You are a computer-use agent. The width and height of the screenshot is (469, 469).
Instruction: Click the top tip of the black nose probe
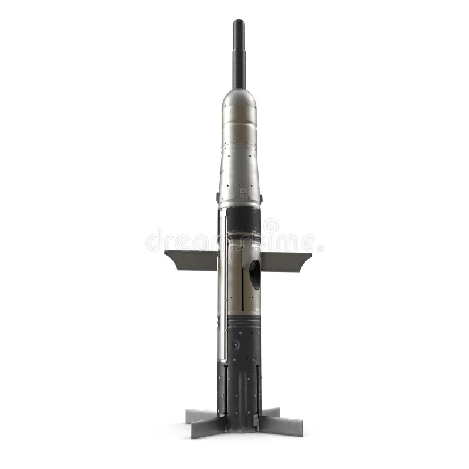point(239,22)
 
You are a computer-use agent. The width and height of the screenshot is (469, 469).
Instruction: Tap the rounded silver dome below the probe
point(239,98)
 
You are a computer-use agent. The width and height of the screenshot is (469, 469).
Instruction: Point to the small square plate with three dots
point(243,193)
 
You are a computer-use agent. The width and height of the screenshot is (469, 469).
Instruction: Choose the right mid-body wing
point(286,260)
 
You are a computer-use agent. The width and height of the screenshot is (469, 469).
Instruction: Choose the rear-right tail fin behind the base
point(270,413)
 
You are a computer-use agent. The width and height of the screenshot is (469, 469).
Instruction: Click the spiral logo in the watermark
point(270,226)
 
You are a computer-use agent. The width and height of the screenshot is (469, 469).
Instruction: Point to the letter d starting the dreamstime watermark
point(153,240)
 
